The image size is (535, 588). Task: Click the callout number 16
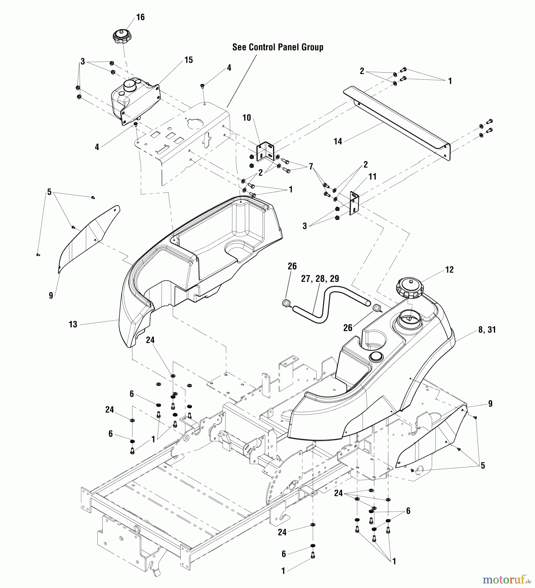click(140, 17)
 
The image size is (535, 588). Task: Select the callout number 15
click(188, 60)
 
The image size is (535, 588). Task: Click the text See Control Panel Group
click(278, 47)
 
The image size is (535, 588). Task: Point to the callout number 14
click(338, 141)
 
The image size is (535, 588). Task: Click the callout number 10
click(247, 118)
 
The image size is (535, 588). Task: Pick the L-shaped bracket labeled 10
click(265, 152)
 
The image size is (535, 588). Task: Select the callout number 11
click(372, 177)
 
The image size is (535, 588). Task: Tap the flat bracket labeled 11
click(354, 203)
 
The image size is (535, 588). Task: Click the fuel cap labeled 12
click(410, 287)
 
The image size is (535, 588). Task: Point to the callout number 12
click(449, 270)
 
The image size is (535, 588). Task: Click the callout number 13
click(73, 324)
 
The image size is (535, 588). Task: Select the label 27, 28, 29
click(320, 279)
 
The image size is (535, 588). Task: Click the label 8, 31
click(487, 330)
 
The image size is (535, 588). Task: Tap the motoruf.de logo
click(506, 580)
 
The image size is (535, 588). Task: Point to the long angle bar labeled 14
click(397, 124)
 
